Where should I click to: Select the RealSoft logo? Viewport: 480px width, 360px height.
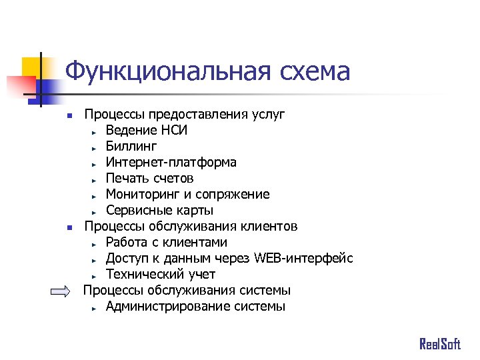pyautogui.click(x=439, y=344)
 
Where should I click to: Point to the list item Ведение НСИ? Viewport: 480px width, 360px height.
pyautogui.click(x=146, y=130)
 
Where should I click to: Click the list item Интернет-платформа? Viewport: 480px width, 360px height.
pyautogui.click(x=171, y=162)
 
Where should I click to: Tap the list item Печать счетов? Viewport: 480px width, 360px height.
pyautogui.click(x=149, y=178)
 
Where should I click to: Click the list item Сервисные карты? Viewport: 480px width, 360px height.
pyautogui.click(x=159, y=211)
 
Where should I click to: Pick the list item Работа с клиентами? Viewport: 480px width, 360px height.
pyautogui.click(x=166, y=242)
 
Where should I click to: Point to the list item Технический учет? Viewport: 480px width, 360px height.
pyautogui.click(x=160, y=274)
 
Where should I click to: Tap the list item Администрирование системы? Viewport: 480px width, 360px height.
pyautogui.click(x=195, y=307)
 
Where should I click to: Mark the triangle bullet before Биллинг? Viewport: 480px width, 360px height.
pyautogui.click(x=95, y=147)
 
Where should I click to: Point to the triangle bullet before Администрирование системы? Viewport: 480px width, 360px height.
pyautogui.click(x=95, y=308)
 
